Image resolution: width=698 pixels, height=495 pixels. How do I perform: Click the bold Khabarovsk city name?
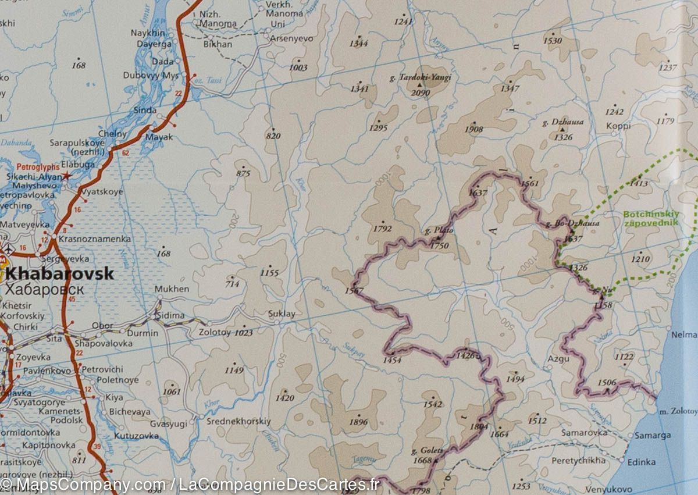click(59, 274)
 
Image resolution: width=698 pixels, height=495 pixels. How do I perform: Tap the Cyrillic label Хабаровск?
click(44, 290)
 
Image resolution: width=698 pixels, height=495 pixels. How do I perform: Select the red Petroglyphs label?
click(38, 167)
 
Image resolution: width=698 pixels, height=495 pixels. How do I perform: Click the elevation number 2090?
click(420, 92)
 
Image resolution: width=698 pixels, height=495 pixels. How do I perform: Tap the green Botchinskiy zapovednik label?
click(650, 219)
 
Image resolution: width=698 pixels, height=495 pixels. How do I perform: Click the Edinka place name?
click(642, 462)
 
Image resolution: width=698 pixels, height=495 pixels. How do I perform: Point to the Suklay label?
click(282, 314)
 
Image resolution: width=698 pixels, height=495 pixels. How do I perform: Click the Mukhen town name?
click(172, 289)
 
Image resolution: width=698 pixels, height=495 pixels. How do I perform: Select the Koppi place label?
click(618, 125)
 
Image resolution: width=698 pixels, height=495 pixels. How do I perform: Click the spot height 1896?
click(359, 422)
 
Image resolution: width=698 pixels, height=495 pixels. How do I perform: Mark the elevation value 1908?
click(474, 130)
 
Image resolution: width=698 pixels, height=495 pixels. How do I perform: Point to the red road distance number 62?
click(125, 153)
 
